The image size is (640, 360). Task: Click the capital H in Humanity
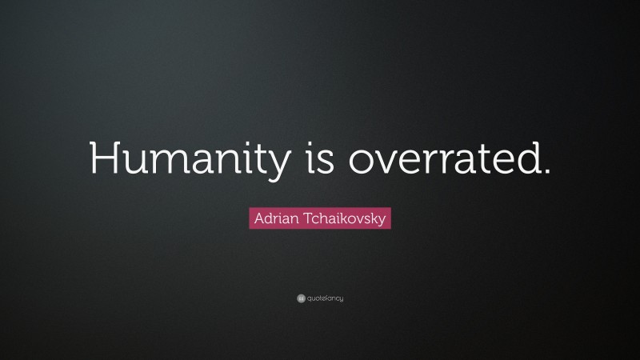104,158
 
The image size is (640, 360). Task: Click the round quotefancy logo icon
301,298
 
